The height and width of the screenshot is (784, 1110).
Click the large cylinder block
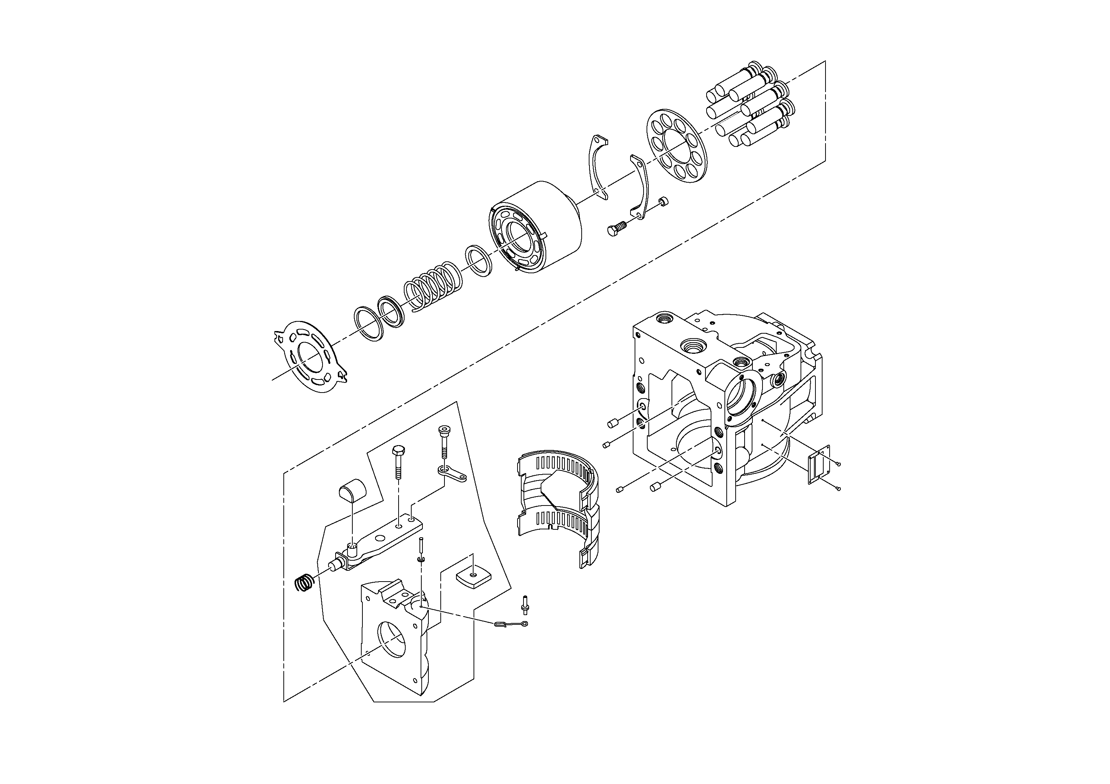click(537, 227)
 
